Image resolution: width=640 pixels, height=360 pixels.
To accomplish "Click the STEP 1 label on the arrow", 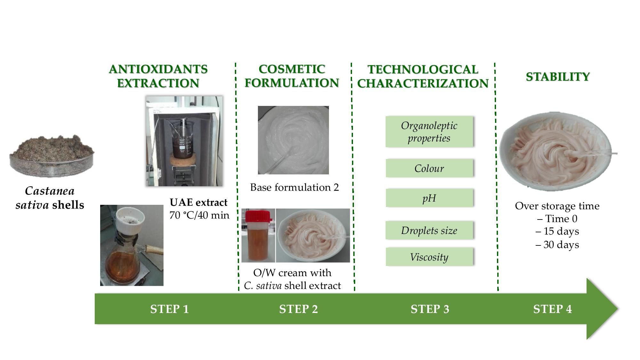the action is click(x=170, y=309).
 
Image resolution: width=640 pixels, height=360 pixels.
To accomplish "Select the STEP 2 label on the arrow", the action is click(x=299, y=309).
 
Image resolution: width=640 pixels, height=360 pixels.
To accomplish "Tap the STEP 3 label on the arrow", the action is click(x=430, y=309).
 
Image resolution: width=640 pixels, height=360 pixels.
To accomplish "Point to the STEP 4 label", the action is click(x=552, y=309).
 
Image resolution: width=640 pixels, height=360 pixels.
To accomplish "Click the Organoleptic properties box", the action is click(x=429, y=132).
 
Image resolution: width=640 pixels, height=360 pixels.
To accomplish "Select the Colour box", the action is click(x=429, y=168).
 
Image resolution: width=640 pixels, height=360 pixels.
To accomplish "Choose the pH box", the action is click(x=429, y=198).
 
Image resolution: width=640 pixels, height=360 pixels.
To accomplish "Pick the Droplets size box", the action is click(x=429, y=230).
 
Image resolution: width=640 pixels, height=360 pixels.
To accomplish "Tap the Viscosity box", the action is click(x=429, y=257).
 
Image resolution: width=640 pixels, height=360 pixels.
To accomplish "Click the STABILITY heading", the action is click(x=558, y=77).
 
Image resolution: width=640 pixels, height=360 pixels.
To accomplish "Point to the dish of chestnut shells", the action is click(x=52, y=156).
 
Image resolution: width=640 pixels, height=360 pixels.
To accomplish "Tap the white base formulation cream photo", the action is click(x=293, y=140).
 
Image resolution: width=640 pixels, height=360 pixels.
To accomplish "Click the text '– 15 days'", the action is click(x=557, y=231).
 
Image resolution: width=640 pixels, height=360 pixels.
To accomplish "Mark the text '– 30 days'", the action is click(x=557, y=245).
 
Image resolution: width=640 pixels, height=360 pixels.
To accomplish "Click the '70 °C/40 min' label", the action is click(x=199, y=215).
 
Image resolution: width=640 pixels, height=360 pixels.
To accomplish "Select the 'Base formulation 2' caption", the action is click(x=294, y=187).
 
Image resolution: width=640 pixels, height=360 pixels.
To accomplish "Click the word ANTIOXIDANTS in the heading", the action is click(x=158, y=69).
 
